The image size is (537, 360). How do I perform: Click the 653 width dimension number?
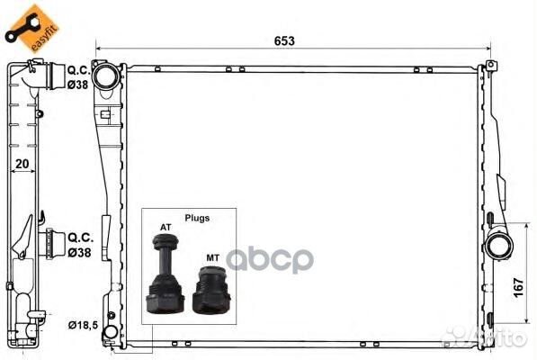(x=284, y=41)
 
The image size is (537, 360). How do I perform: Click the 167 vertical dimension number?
(x=518, y=288)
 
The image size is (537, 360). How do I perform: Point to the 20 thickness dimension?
(x=22, y=164)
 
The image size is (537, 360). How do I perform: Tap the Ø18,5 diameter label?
(x=83, y=325)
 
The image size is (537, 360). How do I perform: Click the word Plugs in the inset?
(x=197, y=218)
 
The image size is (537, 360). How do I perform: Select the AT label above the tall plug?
(x=166, y=227)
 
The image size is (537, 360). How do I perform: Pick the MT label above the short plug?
(x=212, y=257)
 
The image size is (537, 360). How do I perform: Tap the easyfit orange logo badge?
(x=31, y=28)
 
